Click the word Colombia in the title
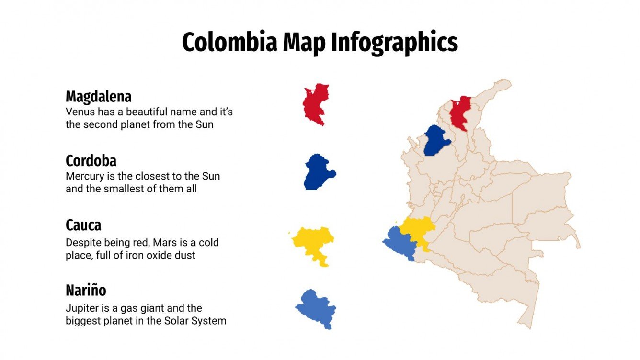[x=229, y=43]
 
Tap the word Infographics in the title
[x=394, y=43]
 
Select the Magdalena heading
[x=98, y=97]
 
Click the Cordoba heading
[x=91, y=160]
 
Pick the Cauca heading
[x=83, y=225]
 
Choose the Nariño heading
[x=86, y=291]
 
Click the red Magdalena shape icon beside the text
[x=315, y=104]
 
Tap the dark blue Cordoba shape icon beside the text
[x=318, y=172]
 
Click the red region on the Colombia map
[x=461, y=112]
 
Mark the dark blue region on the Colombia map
[x=436, y=140]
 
